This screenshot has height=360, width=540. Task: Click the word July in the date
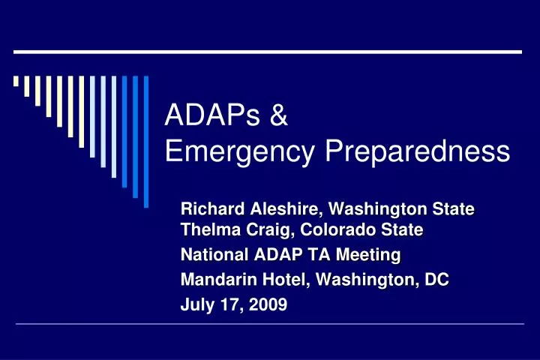(196, 305)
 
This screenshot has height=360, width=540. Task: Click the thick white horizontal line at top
(268, 52)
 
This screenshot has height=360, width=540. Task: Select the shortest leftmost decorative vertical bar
(16, 82)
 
